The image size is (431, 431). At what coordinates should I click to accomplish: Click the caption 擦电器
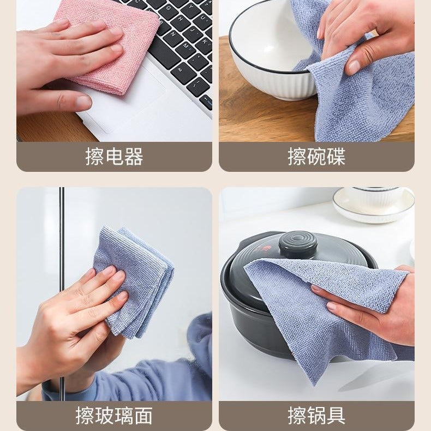pyautogui.click(x=114, y=157)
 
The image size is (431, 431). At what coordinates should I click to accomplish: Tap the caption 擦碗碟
pyautogui.click(x=316, y=157)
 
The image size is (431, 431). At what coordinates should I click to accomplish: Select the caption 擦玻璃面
pyautogui.click(x=114, y=416)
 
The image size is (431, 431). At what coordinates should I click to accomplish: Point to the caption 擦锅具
pyautogui.click(x=316, y=416)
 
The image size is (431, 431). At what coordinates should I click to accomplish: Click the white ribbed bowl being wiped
pyautogui.click(x=267, y=60)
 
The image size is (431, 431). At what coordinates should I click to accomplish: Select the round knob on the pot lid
pyautogui.click(x=298, y=244)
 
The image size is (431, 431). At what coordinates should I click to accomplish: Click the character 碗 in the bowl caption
pyautogui.click(x=316, y=157)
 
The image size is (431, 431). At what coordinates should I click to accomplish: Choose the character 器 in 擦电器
pyautogui.click(x=134, y=157)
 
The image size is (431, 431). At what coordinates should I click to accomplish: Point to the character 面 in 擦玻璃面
pyautogui.click(x=143, y=416)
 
